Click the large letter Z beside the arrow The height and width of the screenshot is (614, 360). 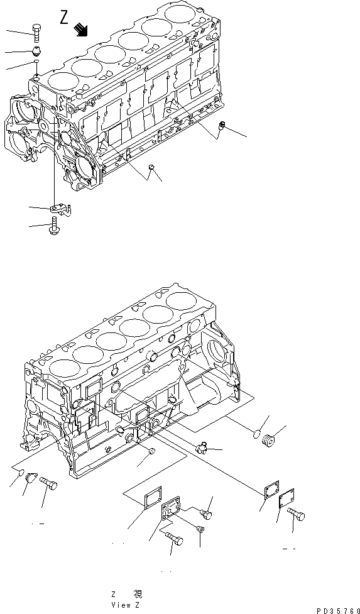click(x=65, y=18)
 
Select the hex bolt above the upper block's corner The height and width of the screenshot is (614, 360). click(x=36, y=30)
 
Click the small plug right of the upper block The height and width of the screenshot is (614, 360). click(x=221, y=126)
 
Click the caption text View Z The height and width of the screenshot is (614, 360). click(x=126, y=605)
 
